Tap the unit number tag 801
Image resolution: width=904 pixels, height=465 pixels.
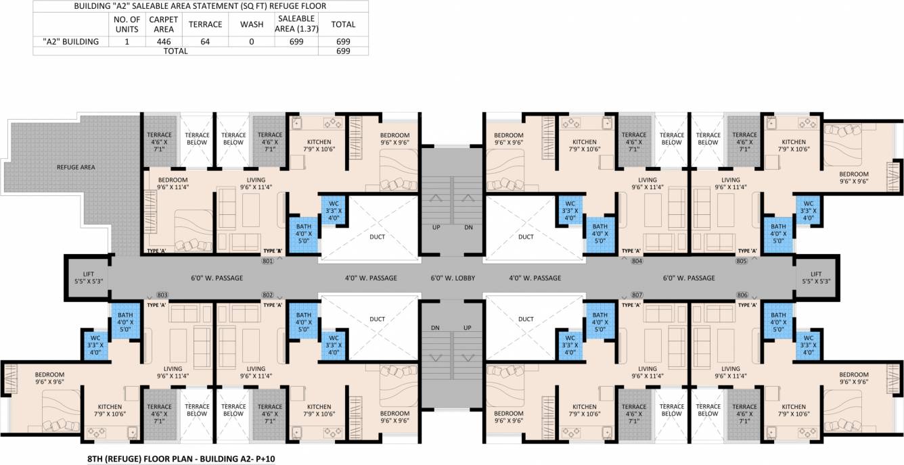(x=267, y=260)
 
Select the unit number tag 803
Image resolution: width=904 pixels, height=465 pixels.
(x=162, y=295)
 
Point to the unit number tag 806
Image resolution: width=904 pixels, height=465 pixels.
(x=742, y=295)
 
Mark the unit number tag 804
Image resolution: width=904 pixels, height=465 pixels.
(x=636, y=260)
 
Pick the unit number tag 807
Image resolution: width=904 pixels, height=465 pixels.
(x=636, y=295)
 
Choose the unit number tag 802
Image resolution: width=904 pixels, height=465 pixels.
(x=267, y=295)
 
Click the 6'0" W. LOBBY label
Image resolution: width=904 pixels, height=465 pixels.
(x=453, y=278)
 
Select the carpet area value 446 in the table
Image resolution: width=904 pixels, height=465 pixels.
(x=163, y=41)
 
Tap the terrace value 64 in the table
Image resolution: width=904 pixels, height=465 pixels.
(x=205, y=41)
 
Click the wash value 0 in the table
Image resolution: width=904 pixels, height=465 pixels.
(x=251, y=41)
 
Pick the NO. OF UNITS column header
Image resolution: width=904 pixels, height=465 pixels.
(x=127, y=24)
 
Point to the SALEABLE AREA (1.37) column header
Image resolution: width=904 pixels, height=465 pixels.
(x=295, y=24)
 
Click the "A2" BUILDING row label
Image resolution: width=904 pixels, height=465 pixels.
(x=71, y=41)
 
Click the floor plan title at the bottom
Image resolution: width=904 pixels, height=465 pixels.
(x=181, y=458)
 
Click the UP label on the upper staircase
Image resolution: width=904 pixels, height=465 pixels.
(x=436, y=227)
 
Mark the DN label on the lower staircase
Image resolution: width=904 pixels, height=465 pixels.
(x=436, y=327)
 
